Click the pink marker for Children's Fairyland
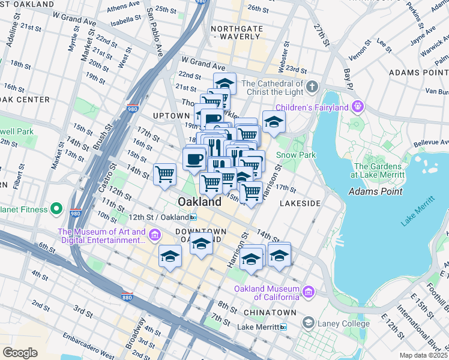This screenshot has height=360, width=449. (358, 107)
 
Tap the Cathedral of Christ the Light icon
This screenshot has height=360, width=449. (311, 88)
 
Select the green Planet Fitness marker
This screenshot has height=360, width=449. (56, 209)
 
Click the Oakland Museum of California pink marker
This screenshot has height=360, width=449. (309, 292)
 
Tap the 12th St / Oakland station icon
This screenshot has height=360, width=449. (193, 217)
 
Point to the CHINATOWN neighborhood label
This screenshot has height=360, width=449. (273, 313)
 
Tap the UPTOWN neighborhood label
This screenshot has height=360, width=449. (171, 115)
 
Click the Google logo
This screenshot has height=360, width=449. (20, 352)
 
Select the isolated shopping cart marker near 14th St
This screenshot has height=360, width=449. (164, 175)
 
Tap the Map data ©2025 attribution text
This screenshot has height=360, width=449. (423, 355)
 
